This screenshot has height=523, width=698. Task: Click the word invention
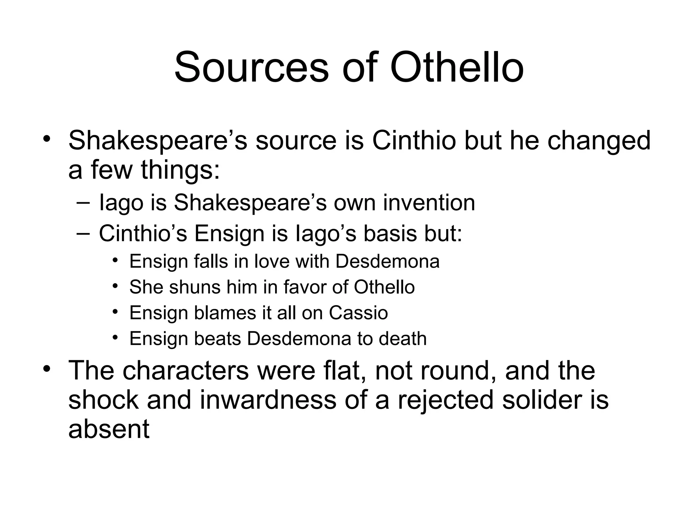(x=429, y=203)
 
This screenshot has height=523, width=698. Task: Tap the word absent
(x=109, y=429)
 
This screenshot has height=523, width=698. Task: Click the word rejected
(x=445, y=400)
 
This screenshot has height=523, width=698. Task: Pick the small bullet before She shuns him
(x=115, y=286)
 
